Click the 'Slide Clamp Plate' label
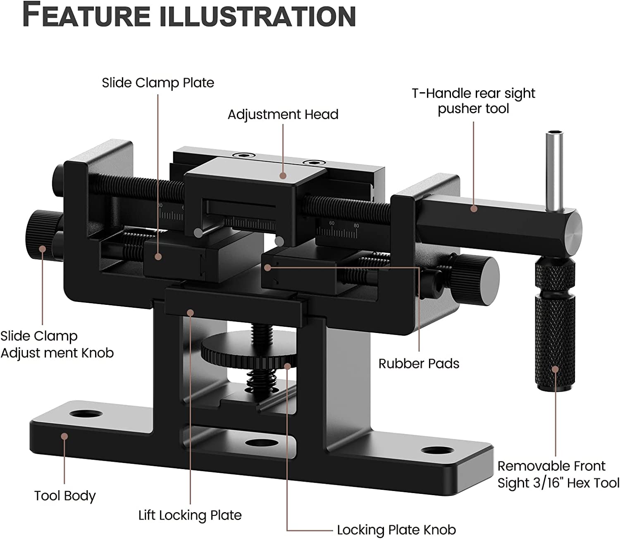[x=158, y=83]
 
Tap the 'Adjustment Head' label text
[x=283, y=115]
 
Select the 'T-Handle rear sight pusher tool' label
[x=473, y=101]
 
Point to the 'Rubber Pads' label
[x=419, y=364]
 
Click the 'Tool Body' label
[x=65, y=496]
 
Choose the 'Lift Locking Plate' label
[x=190, y=515]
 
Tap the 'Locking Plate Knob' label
[x=396, y=530]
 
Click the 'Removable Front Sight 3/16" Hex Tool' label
[x=558, y=474]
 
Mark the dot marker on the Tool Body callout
[x=64, y=436]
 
